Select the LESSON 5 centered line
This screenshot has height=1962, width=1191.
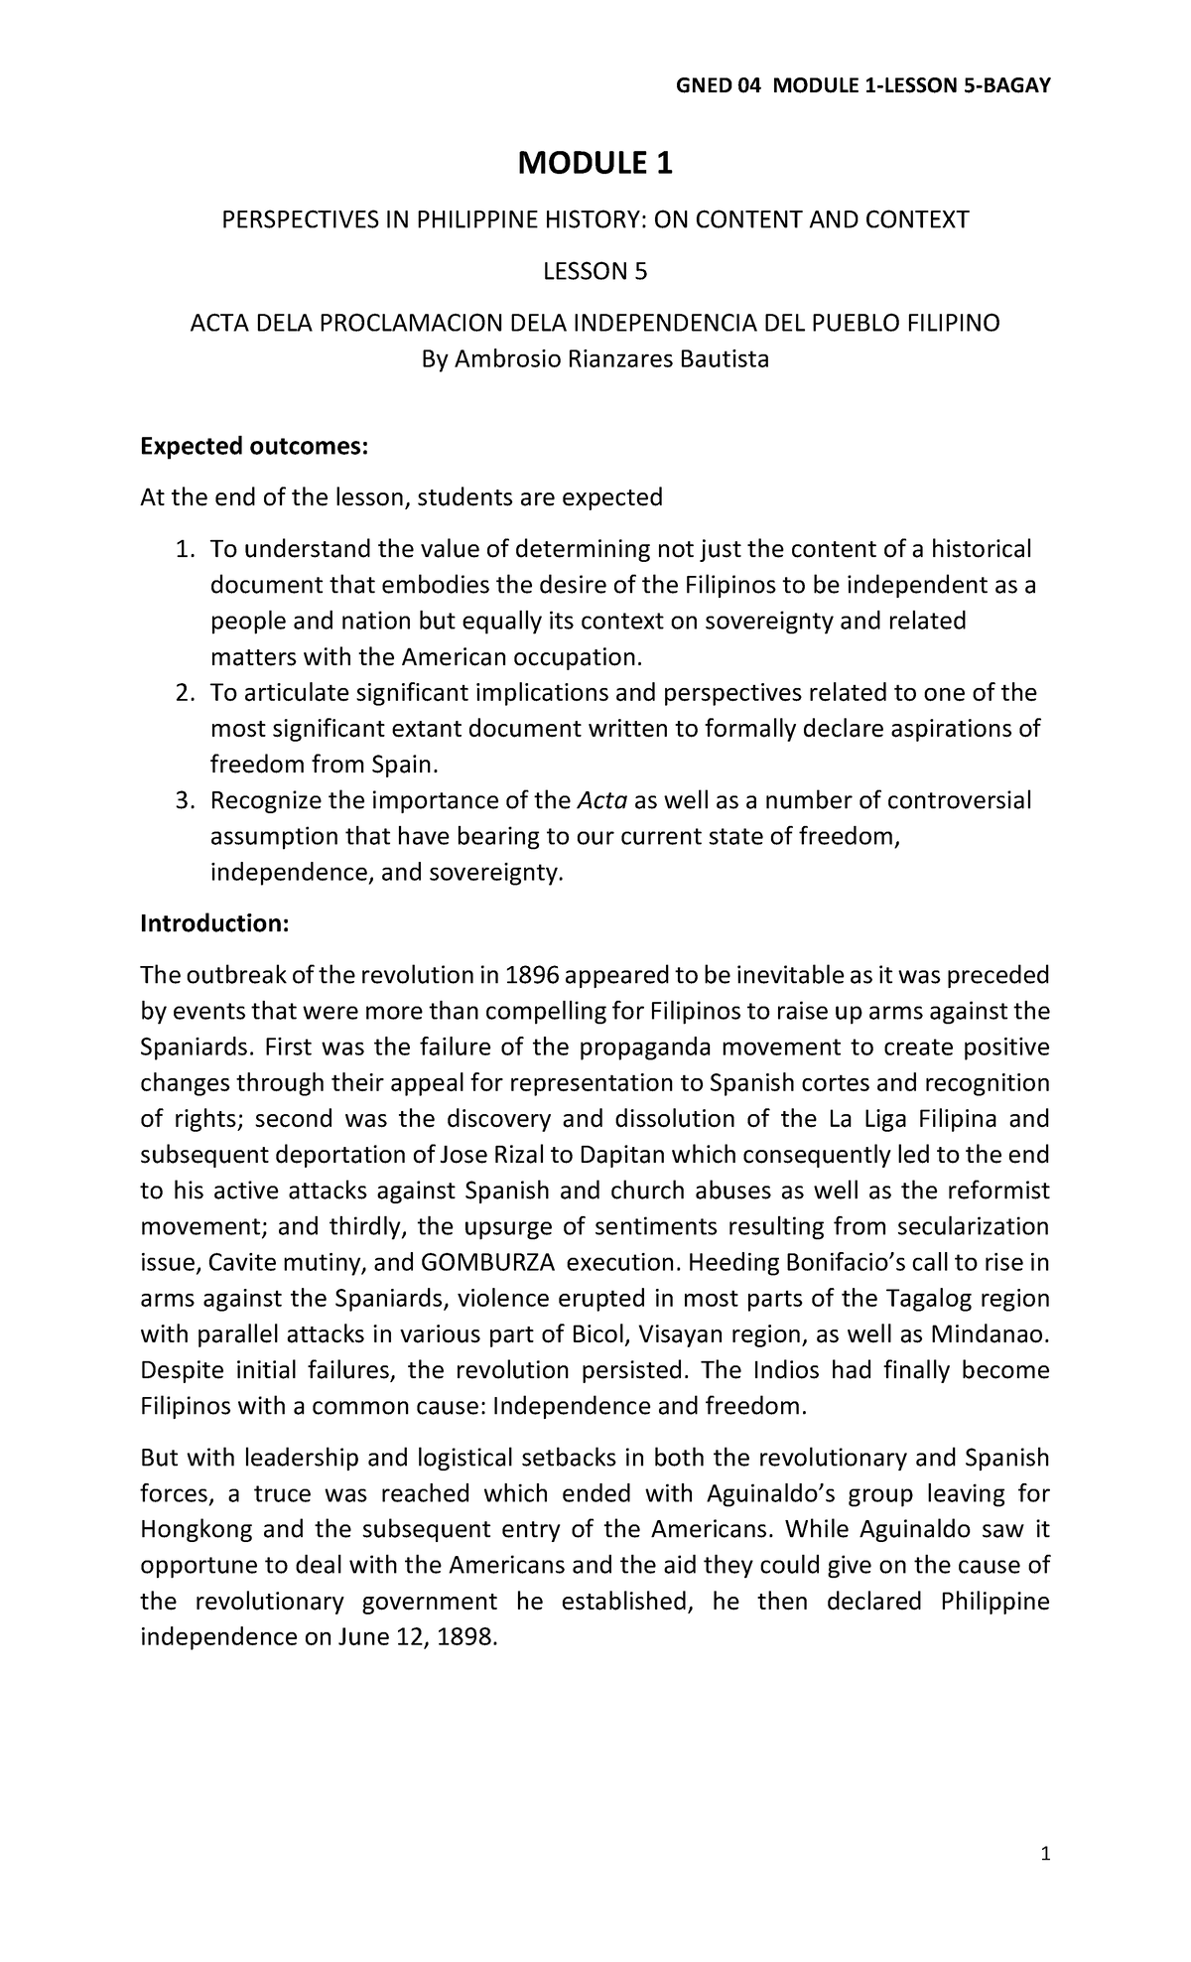point(595,271)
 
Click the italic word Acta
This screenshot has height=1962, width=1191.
point(601,800)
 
